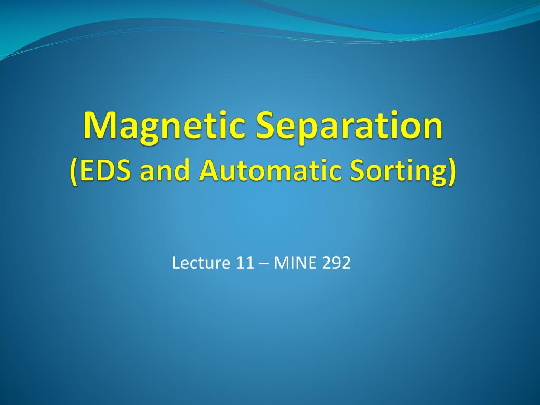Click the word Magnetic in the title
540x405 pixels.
click(164, 127)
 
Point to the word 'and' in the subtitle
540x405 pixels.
click(165, 170)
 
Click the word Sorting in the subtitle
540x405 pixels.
click(397, 171)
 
